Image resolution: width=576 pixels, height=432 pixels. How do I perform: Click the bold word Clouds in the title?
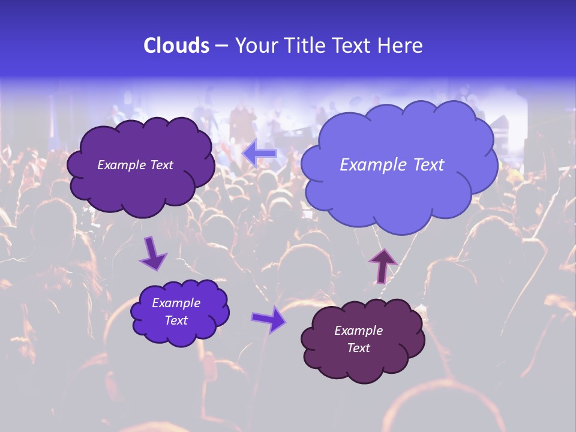(176, 46)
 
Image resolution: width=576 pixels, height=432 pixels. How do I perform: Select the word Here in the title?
(401, 46)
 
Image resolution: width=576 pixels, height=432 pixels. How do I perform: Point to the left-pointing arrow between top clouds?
(260, 154)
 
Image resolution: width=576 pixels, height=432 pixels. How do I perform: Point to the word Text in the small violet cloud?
(176, 320)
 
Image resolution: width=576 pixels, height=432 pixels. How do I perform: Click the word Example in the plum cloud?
(358, 331)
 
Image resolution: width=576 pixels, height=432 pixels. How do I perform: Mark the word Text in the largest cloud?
(428, 165)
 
